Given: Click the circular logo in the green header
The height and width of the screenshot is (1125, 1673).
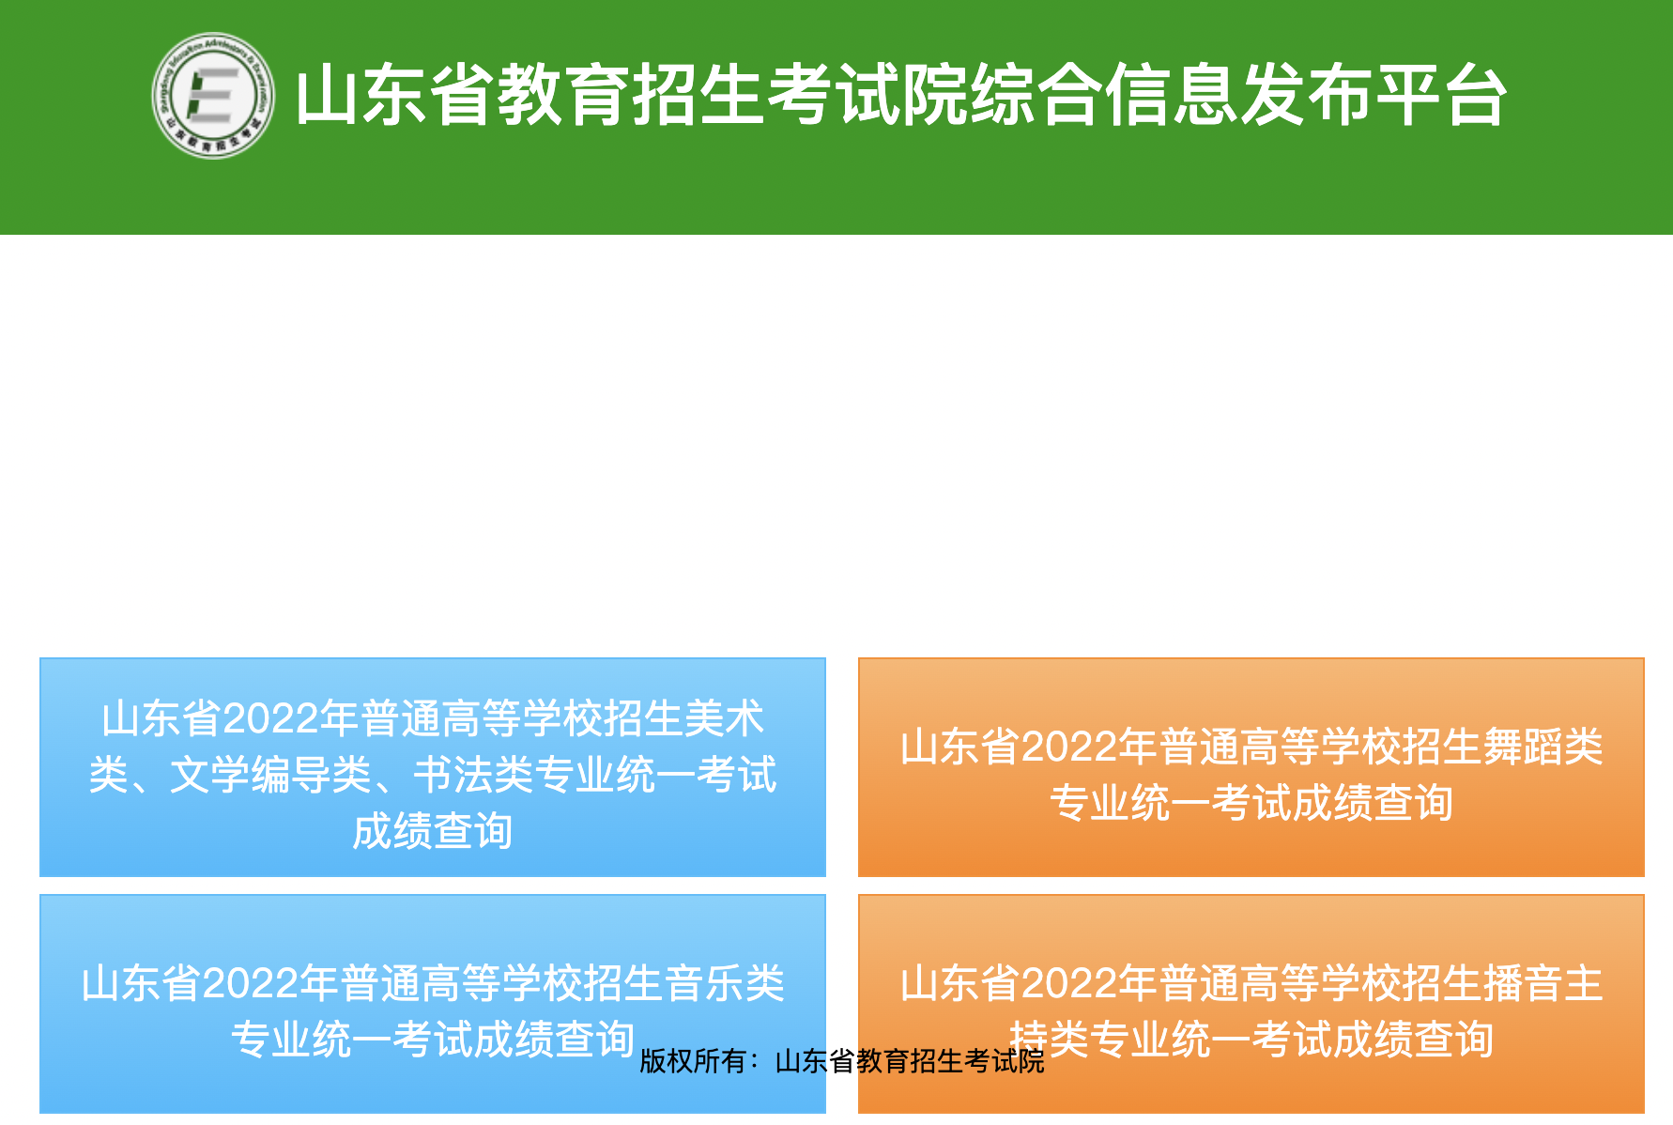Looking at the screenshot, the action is [x=213, y=96].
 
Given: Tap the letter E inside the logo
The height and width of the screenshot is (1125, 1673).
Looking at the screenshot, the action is [x=212, y=96].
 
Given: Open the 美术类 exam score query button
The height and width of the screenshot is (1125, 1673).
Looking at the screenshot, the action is [x=433, y=767].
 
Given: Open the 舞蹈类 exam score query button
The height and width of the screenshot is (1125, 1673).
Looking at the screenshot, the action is [x=1251, y=767].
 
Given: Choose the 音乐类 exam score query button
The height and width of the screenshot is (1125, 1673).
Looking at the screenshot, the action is [x=433, y=1004].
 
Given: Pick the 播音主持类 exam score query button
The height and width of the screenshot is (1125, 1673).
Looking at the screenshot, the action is [x=1251, y=1004].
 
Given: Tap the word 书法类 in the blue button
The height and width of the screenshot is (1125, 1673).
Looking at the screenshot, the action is [x=474, y=776].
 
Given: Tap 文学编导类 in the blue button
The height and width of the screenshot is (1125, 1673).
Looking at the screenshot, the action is [x=270, y=776].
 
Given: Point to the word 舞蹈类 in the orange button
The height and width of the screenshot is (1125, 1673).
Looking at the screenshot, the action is [x=1543, y=747].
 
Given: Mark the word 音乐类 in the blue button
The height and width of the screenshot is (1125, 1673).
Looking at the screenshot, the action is [x=725, y=984].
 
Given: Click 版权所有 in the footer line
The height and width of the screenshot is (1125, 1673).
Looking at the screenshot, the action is [x=693, y=1061].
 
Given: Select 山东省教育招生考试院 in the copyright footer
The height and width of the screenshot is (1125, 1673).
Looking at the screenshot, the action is [x=910, y=1061].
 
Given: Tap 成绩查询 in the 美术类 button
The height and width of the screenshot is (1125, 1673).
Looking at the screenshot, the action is [x=433, y=832].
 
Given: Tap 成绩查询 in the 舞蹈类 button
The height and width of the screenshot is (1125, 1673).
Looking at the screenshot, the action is [x=1373, y=804].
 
